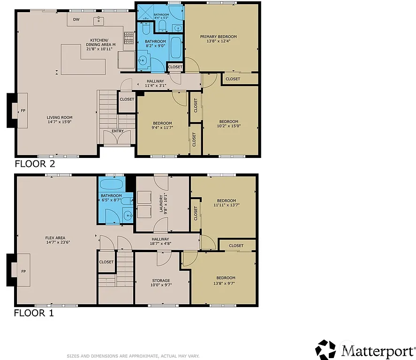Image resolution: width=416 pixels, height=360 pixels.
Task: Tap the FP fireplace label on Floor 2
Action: coord(23,111)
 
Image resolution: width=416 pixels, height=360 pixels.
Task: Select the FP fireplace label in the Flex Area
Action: coord(23,271)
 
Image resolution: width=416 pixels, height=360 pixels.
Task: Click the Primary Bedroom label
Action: coord(218,37)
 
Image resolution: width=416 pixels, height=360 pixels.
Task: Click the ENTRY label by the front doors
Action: coord(118,131)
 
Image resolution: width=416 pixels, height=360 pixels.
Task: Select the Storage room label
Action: coord(160,281)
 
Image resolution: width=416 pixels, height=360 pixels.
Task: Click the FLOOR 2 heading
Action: coord(35,164)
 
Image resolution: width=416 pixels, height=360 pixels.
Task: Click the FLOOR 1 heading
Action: coord(34,313)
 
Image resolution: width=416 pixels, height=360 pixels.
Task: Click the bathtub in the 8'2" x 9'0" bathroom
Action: coord(175,49)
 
